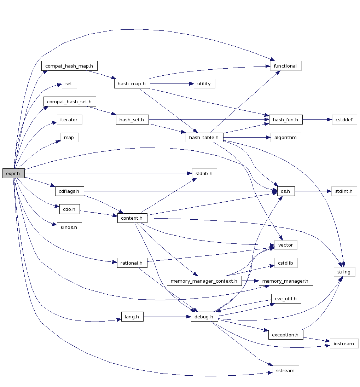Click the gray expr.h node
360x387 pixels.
(x=13, y=173)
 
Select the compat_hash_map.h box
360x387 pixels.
(x=69, y=66)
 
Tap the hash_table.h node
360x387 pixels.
(x=204, y=137)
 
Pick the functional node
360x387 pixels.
(x=285, y=66)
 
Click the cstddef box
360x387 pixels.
(x=344, y=120)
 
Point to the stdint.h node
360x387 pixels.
(x=344, y=191)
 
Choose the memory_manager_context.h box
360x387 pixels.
(x=204, y=281)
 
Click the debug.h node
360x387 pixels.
(x=204, y=317)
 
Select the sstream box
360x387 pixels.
(x=285, y=370)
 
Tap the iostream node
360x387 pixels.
(x=344, y=343)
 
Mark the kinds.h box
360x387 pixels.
(x=69, y=227)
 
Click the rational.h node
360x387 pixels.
(x=132, y=263)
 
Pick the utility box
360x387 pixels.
(x=204, y=84)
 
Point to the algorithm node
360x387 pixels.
(x=285, y=137)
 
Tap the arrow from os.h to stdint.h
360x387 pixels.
(x=313, y=191)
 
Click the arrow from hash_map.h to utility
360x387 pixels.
(x=172, y=84)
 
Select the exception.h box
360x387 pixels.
(x=285, y=335)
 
